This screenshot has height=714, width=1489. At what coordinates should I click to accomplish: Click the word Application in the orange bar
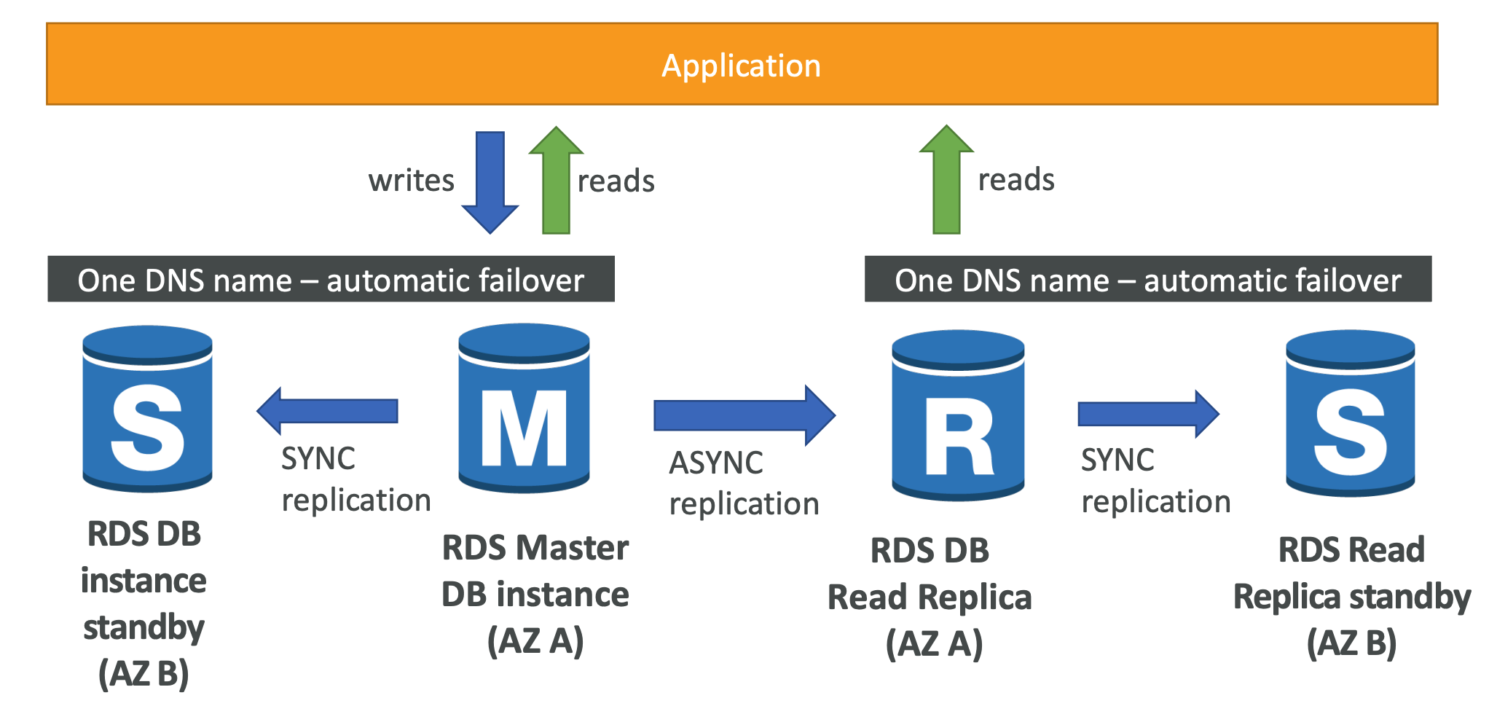(741, 66)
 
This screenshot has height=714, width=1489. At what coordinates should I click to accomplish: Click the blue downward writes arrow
(490, 182)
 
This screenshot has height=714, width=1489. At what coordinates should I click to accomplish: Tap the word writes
(411, 180)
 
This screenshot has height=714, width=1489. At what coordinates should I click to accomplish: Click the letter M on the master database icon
(524, 428)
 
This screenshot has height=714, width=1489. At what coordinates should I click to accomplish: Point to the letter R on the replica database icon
(958, 436)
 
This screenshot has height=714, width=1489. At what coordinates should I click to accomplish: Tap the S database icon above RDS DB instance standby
(147, 409)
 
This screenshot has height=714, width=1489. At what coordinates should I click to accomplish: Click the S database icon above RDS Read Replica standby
(1350, 413)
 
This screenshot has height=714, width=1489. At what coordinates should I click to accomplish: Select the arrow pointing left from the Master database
(328, 411)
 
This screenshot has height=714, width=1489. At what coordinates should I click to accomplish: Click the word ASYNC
(716, 463)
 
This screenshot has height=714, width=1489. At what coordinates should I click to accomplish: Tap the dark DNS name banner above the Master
(331, 279)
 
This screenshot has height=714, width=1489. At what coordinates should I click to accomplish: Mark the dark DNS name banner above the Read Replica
(1147, 279)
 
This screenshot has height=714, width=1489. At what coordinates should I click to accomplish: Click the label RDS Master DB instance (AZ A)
(535, 595)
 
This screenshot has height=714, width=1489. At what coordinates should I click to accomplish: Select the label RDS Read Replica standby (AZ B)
(1351, 597)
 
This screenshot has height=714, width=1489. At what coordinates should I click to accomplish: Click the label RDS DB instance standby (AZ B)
(144, 603)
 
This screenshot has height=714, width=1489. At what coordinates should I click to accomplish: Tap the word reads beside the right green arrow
(1015, 179)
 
